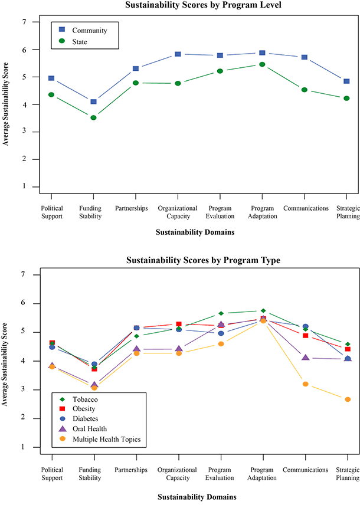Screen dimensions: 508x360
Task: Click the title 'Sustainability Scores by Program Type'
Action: (195, 260)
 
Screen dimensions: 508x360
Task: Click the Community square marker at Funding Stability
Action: (93, 101)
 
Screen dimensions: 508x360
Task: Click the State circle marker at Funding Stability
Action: (93, 117)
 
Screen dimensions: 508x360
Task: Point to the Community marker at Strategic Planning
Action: (347, 81)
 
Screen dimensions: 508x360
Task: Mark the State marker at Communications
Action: (305, 90)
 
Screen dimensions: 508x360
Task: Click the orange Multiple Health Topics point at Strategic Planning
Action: (348, 399)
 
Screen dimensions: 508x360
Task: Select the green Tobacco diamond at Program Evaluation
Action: (221, 313)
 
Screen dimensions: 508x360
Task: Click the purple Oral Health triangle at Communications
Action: (305, 357)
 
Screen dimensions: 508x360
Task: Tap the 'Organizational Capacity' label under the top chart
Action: (178, 212)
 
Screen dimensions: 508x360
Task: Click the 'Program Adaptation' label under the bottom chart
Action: (263, 473)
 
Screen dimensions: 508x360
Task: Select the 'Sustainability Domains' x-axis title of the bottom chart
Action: (195, 497)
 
